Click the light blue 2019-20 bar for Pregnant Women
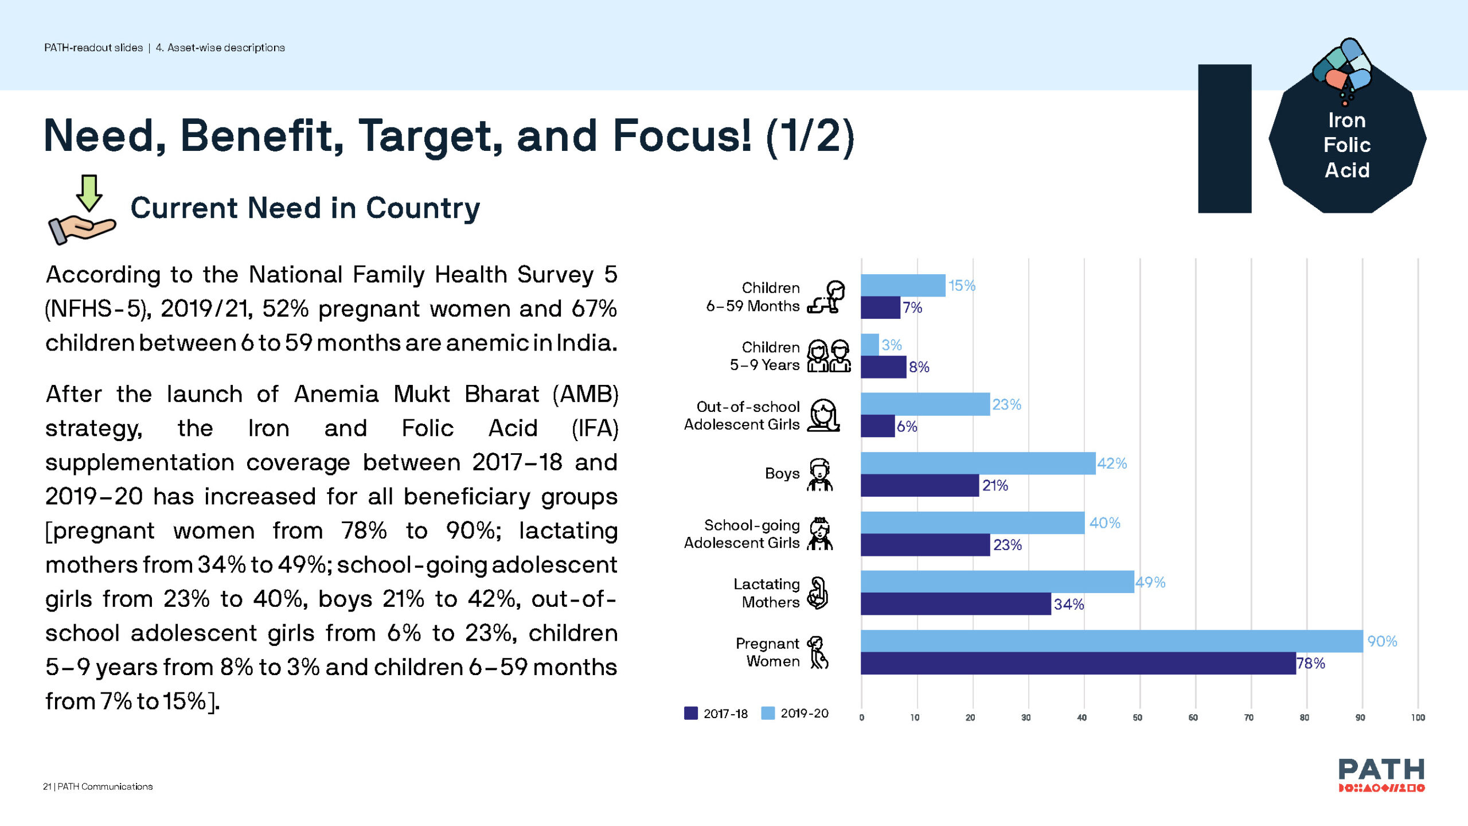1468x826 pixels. [x=1111, y=641]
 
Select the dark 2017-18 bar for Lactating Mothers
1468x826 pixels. [x=955, y=604]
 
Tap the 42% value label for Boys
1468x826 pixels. [x=1112, y=463]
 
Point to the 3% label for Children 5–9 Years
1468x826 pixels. [x=892, y=345]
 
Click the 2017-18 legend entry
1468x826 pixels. [x=716, y=714]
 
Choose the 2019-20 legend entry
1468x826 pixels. [x=795, y=714]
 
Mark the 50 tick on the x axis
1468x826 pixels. [x=1137, y=718]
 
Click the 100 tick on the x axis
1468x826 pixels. [x=1418, y=718]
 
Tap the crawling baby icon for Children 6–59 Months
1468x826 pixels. [x=826, y=297]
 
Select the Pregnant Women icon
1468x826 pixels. [x=818, y=653]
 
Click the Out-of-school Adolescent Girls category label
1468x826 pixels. [x=741, y=415]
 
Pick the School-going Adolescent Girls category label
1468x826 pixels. [x=741, y=534]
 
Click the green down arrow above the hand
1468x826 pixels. [x=89, y=193]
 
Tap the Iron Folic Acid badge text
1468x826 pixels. [x=1347, y=145]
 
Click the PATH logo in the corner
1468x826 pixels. [x=1381, y=774]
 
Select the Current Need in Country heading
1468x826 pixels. [x=305, y=208]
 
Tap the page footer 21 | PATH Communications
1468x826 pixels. [x=98, y=786]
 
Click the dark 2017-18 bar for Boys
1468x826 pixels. [x=919, y=485]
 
